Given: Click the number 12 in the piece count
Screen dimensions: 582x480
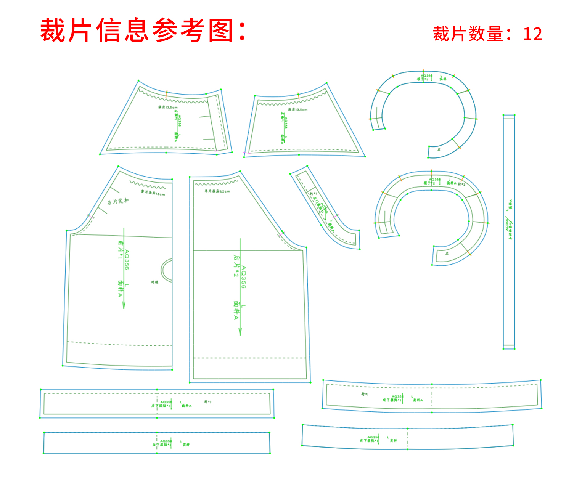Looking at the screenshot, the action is tap(532, 34).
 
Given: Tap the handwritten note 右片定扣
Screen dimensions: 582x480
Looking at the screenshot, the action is tap(118, 201).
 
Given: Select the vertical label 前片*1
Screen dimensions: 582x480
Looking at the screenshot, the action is tap(121, 250).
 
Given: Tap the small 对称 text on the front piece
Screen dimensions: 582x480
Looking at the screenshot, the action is tap(154, 283).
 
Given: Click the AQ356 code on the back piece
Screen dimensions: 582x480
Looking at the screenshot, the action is tap(243, 277).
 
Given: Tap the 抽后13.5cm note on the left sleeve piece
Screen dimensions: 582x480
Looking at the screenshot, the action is tap(168, 108).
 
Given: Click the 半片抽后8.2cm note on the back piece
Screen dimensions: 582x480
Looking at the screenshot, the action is tap(217, 191).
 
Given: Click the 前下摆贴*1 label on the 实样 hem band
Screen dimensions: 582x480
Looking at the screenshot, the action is tap(368, 441).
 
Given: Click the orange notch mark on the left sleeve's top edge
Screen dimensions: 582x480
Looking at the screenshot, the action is tap(167, 93).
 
